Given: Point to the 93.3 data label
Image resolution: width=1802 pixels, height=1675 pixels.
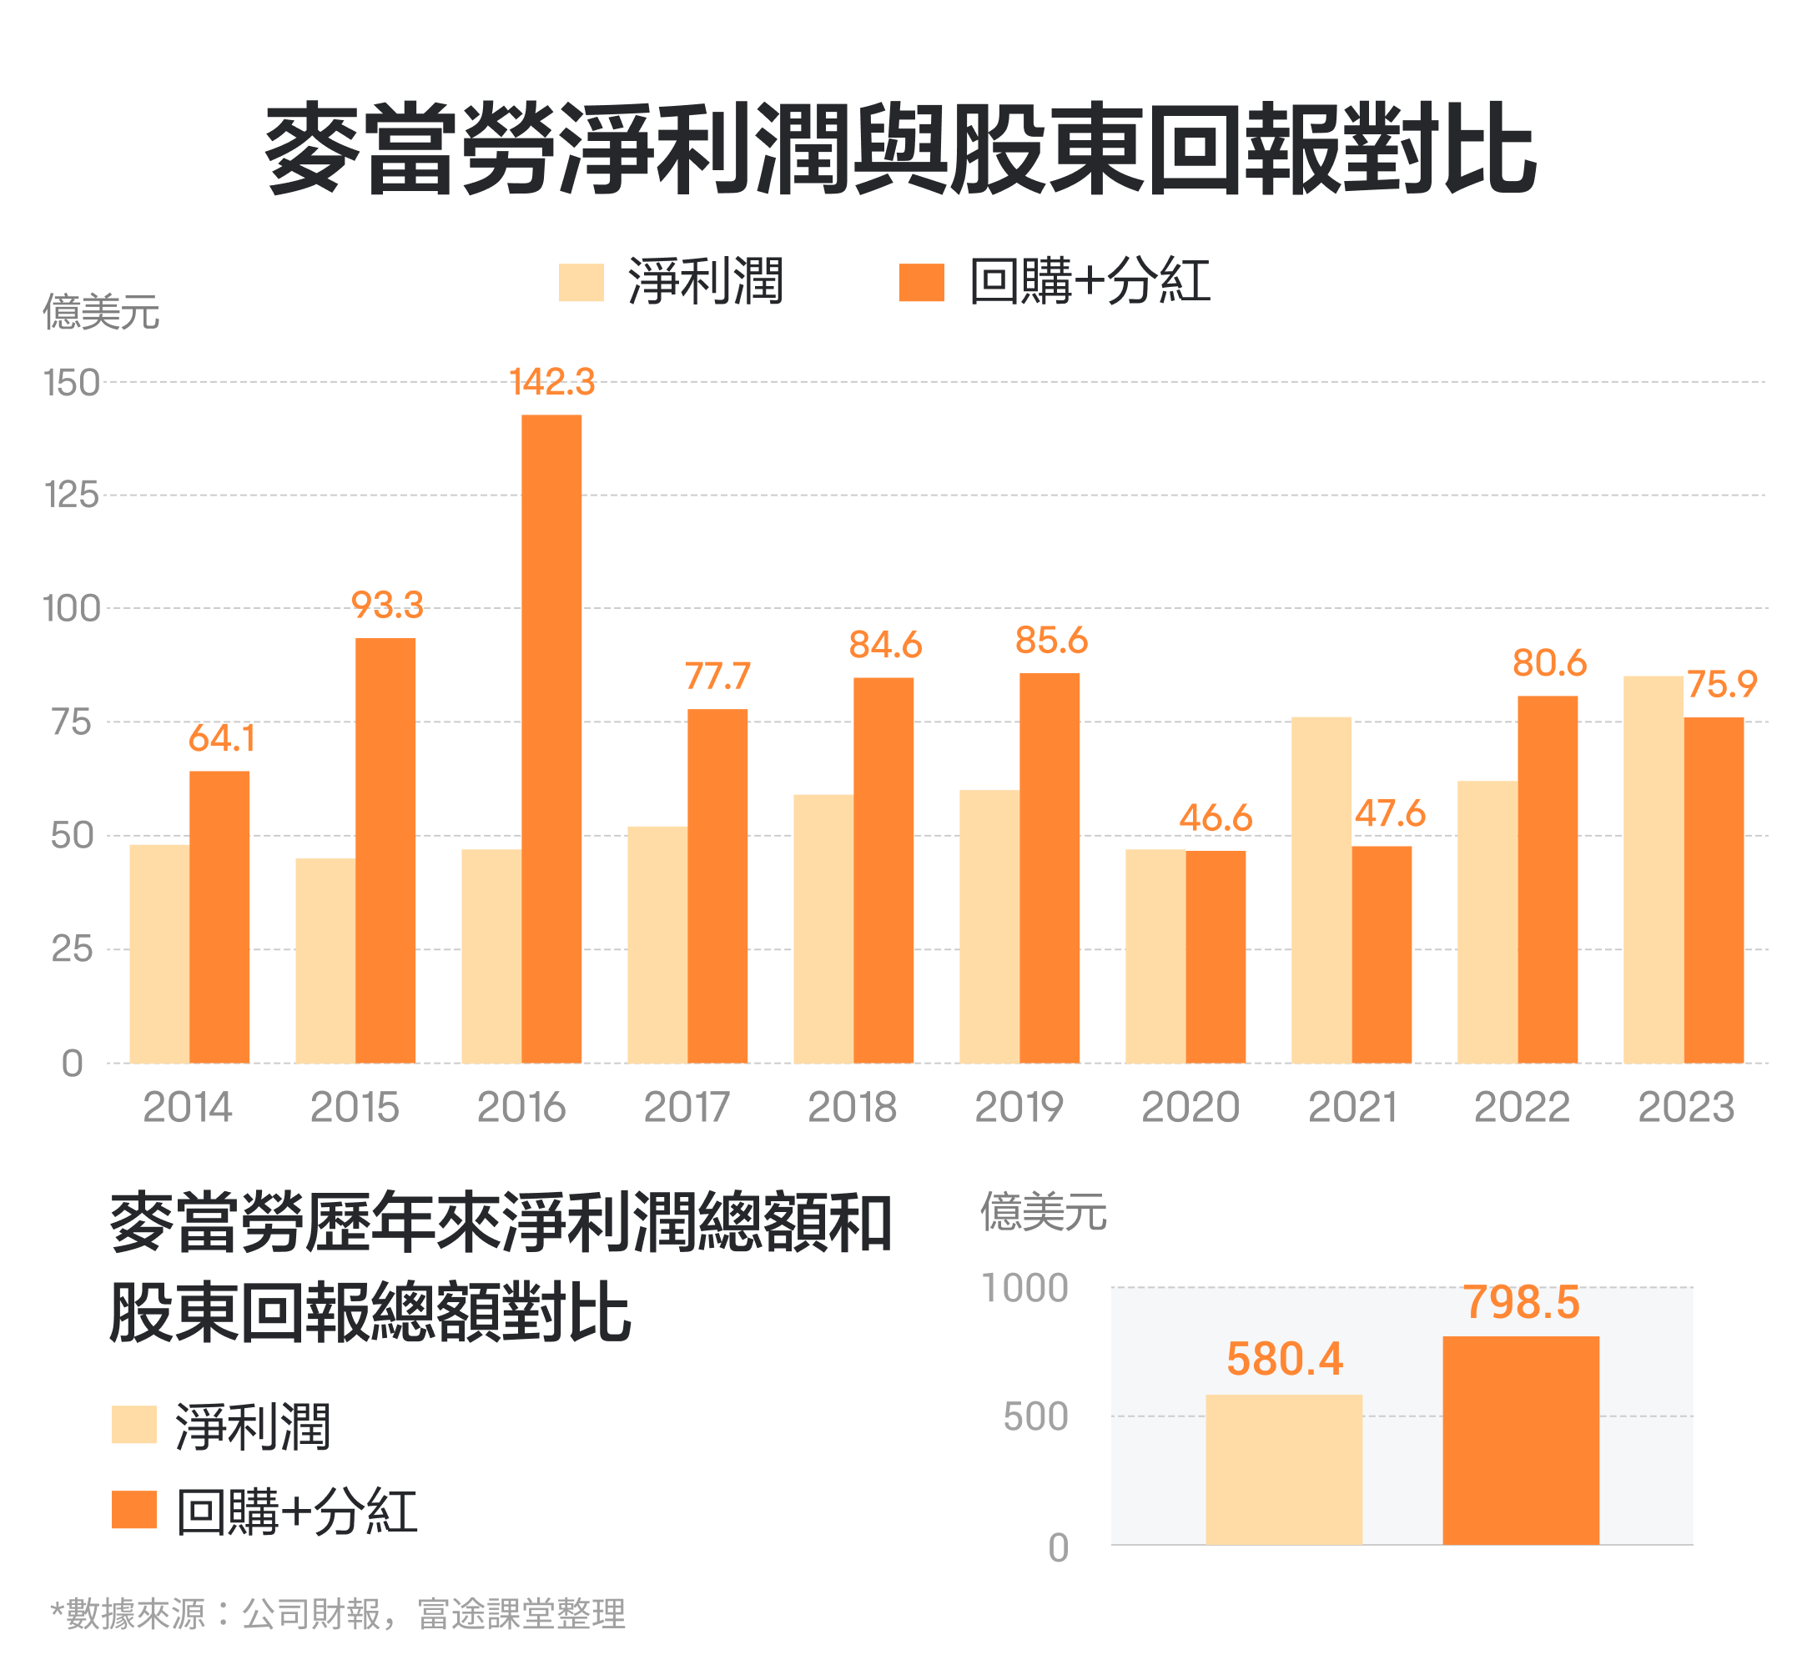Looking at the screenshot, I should (x=387, y=606).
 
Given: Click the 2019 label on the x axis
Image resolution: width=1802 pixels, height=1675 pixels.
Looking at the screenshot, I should (x=1019, y=1107).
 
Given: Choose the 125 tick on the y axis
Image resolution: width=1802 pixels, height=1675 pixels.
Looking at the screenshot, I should (x=72, y=495).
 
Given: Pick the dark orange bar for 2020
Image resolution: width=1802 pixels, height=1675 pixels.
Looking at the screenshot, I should (x=1215, y=956).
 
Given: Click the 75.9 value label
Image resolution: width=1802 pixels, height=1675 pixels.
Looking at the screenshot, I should (x=1721, y=684).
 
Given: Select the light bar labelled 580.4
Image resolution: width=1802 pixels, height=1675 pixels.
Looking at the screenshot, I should (x=1284, y=1468).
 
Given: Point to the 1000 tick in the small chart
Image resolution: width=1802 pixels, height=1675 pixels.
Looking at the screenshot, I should (x=1025, y=1288).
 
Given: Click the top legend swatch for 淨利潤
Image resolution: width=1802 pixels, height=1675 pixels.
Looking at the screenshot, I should (x=581, y=282).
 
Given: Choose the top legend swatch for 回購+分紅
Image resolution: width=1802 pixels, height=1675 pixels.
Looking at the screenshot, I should (x=921, y=282).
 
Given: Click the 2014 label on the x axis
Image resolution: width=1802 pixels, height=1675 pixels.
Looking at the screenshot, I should (x=188, y=1107).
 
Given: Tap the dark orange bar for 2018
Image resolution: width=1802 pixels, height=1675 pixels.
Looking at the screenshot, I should (x=883, y=869).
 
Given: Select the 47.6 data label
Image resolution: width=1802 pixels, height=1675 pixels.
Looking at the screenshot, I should (x=1390, y=814).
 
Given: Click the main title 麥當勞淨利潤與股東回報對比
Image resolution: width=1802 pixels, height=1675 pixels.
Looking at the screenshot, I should (x=899, y=148).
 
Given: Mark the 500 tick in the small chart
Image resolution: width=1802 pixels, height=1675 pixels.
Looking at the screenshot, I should (x=1035, y=1416).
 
